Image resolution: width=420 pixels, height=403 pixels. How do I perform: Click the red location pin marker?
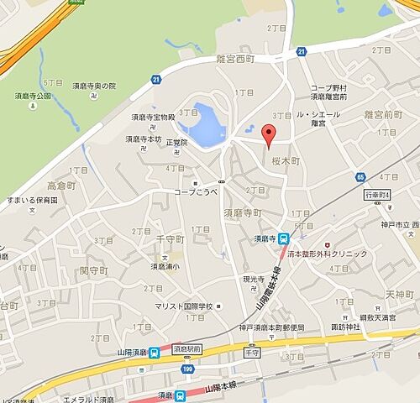click(269, 134)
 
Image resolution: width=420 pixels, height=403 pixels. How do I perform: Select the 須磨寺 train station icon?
click(284, 238)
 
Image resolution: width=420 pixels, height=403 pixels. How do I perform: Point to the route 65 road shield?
click(360, 179)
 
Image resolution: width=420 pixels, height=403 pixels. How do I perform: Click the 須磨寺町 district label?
click(248, 214)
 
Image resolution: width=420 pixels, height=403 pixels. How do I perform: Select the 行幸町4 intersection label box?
click(378, 196)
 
